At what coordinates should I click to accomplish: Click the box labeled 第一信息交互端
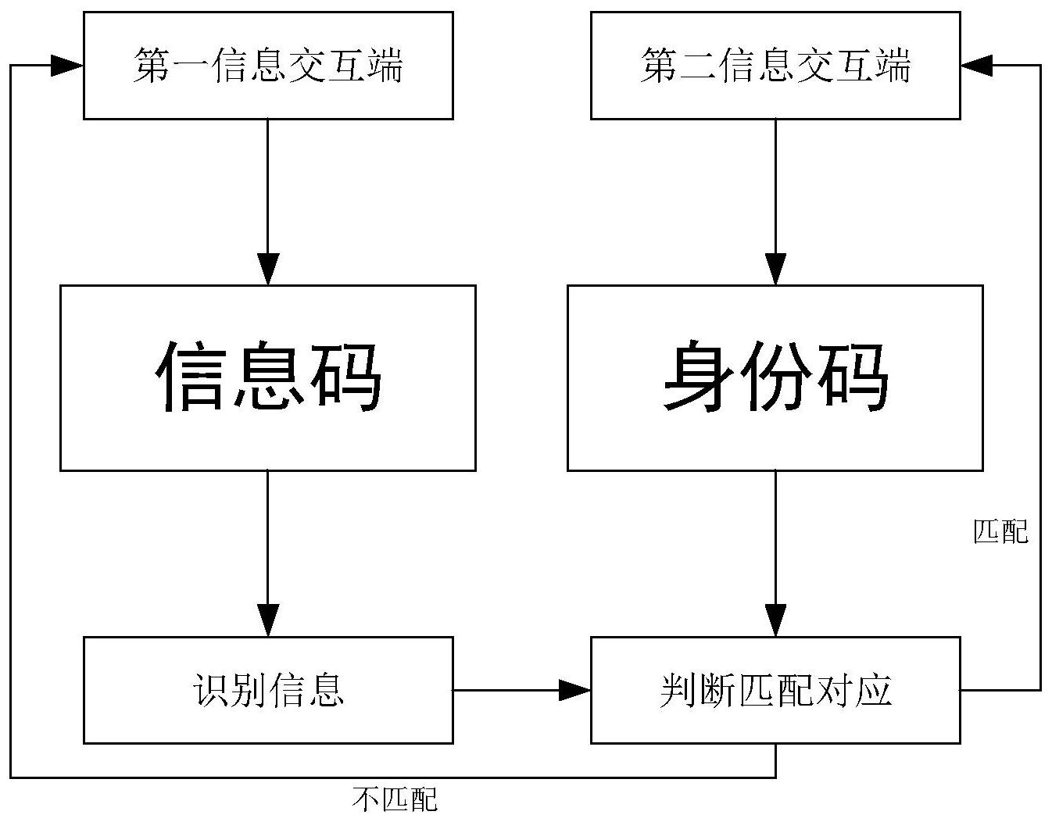268,66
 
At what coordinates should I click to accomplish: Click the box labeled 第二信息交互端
775,66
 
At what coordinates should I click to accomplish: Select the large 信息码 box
268,377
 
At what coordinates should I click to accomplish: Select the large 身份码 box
775,377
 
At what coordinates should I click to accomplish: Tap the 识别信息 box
268,690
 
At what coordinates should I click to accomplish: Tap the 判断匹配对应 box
775,690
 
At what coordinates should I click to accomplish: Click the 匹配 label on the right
1001,532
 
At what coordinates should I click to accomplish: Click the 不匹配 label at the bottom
395,799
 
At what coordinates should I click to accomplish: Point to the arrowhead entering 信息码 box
268,270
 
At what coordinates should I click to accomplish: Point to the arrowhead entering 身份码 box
775,270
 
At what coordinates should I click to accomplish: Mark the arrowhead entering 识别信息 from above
268,621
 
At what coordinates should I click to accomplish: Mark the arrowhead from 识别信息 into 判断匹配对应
575,690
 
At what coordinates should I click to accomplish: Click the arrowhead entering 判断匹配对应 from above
775,621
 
